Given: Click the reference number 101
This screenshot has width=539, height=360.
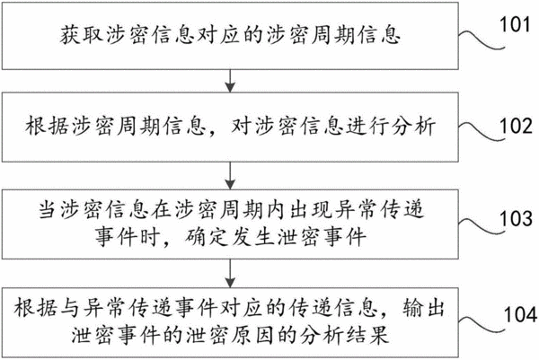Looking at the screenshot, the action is (515, 24).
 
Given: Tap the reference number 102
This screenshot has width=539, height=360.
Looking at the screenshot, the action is (516, 126).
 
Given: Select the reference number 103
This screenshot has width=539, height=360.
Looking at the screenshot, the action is (516, 218).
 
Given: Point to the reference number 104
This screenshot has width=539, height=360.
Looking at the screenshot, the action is (520, 314).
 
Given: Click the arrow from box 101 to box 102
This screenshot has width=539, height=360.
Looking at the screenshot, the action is (230, 81).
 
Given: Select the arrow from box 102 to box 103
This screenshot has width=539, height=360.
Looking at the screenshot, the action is (230, 176).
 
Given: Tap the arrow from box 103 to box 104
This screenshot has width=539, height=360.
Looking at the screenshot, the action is (230, 273).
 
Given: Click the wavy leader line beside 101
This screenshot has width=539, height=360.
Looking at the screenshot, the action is (482, 39).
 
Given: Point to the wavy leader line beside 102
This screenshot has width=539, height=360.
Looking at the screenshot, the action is (482, 132).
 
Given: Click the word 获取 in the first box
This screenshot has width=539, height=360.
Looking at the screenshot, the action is (82, 35).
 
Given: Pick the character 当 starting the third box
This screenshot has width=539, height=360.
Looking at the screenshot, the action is (48, 209).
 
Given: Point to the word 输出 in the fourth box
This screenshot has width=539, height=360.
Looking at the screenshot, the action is (423, 308).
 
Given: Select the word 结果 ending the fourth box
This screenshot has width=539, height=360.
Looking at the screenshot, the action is (367, 335).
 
